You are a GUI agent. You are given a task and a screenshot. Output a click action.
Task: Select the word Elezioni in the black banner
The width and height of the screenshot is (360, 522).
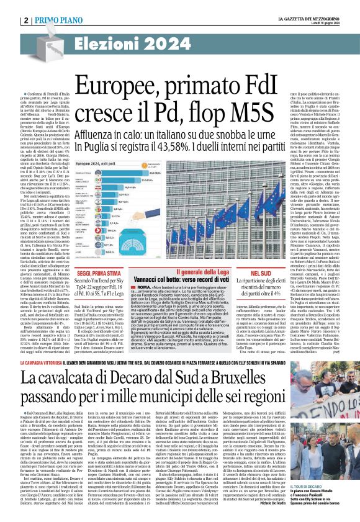point(108,45)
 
